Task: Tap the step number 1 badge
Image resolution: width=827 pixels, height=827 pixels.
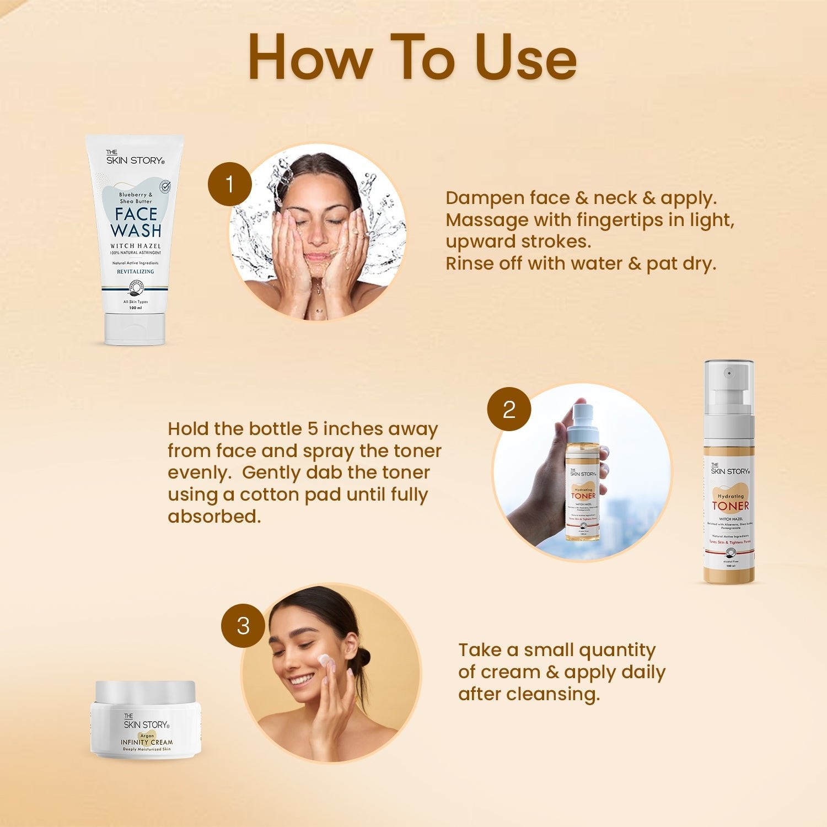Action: (x=230, y=184)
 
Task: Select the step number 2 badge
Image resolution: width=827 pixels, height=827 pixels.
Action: (x=509, y=409)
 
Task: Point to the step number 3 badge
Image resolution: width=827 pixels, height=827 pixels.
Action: (x=243, y=626)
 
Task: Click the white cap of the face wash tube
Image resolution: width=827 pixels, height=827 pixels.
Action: (x=135, y=329)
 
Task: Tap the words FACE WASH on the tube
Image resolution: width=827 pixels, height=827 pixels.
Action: (x=136, y=222)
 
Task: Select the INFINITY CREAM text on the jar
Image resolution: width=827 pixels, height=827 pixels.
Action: (x=147, y=742)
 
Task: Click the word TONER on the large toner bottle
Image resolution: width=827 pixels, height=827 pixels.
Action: (x=730, y=506)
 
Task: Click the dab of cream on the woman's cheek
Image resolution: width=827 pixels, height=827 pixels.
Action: (x=324, y=659)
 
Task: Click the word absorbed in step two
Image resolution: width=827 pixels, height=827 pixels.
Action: (x=214, y=517)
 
